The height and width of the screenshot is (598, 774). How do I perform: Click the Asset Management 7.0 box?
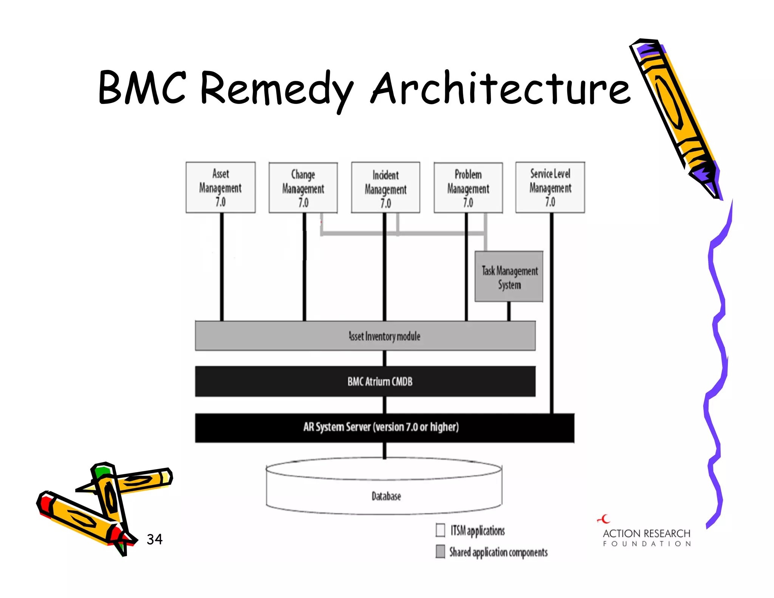[220, 187]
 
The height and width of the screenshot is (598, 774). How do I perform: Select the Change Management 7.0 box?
[303, 188]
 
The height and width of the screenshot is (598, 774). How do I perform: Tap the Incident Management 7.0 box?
[385, 188]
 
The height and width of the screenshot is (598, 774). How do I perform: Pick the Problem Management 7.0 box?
[468, 188]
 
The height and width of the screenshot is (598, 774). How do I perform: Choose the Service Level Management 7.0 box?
[550, 187]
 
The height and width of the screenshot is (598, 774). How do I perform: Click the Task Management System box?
[509, 277]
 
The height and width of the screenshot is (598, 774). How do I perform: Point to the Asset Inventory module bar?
[365, 336]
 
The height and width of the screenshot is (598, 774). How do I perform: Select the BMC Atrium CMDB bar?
[365, 381]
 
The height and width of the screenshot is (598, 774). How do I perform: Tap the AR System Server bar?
[384, 428]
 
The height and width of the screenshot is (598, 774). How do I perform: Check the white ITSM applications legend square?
[440, 530]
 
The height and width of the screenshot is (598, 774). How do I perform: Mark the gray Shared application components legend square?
[440, 551]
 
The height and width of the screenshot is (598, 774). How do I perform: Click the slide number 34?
[155, 539]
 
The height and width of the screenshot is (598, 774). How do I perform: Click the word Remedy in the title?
[276, 88]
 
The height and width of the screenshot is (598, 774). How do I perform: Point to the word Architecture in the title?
[501, 88]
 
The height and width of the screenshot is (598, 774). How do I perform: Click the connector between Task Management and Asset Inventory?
[509, 311]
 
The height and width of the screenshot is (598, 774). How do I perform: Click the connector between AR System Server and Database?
[384, 451]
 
